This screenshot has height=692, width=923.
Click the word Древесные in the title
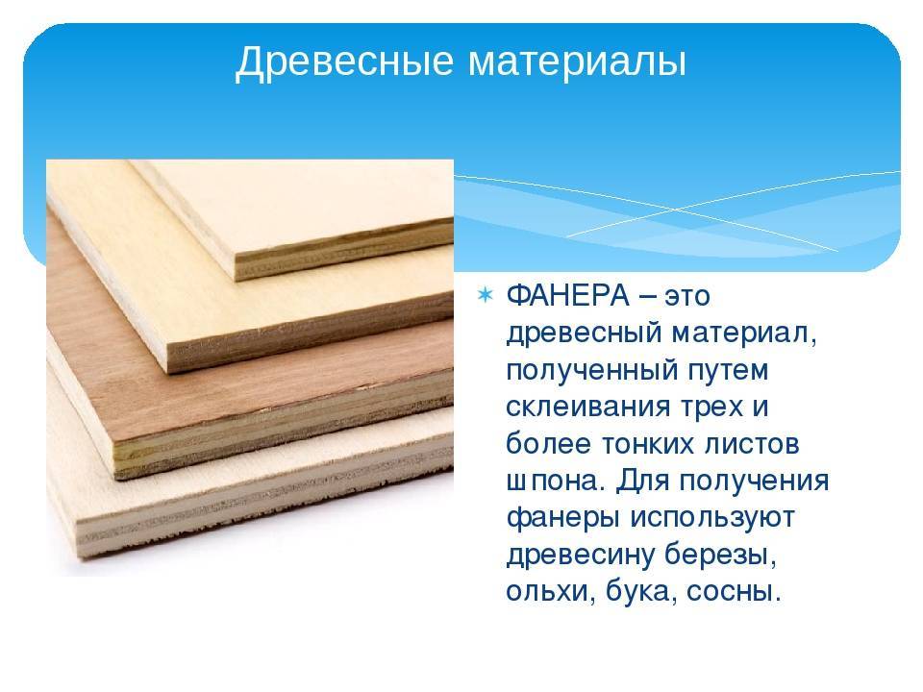(344, 62)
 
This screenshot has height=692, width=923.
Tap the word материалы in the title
(577, 62)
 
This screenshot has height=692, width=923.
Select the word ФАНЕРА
(567, 295)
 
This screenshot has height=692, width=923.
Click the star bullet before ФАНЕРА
(485, 294)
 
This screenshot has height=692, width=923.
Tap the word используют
(712, 518)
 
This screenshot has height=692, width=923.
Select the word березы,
(720, 555)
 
